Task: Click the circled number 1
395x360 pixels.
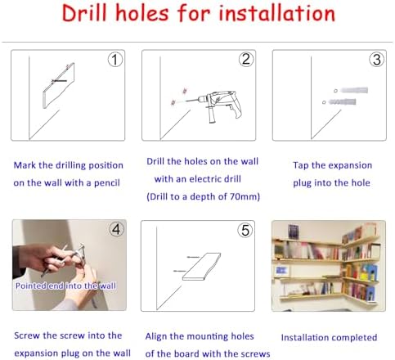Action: coord(115,60)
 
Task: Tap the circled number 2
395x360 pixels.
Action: coord(246,59)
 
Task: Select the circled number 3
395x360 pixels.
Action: coord(377,60)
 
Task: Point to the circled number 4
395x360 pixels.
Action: coord(116,229)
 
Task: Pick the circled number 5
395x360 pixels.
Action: coord(245,230)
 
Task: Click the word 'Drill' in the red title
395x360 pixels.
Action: coord(84,13)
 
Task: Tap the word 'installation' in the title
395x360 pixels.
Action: coord(276,13)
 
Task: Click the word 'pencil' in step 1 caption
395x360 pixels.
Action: coord(106,182)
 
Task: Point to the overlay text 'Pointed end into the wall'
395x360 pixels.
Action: coord(65,286)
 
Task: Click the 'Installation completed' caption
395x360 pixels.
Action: coord(329,338)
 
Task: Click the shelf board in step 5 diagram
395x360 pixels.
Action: coord(202,267)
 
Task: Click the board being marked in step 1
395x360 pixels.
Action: coord(59,86)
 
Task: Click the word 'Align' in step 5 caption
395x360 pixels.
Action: coord(155,336)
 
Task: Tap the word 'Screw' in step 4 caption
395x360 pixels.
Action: coord(27,335)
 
